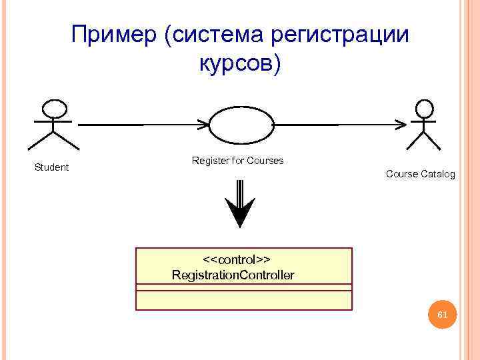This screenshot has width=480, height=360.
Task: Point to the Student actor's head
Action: [54, 109]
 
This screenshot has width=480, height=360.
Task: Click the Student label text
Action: [51, 167]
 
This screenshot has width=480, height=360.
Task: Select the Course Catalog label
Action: [420, 174]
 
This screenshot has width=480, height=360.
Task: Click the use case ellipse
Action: [241, 124]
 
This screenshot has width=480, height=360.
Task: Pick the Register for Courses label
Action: [237, 161]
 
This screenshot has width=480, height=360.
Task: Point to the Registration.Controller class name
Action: [233, 275]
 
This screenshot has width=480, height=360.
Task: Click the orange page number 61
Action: [442, 314]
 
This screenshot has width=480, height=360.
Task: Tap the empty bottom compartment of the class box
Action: [243, 300]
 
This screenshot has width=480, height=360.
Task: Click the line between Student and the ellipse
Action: [140, 124]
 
